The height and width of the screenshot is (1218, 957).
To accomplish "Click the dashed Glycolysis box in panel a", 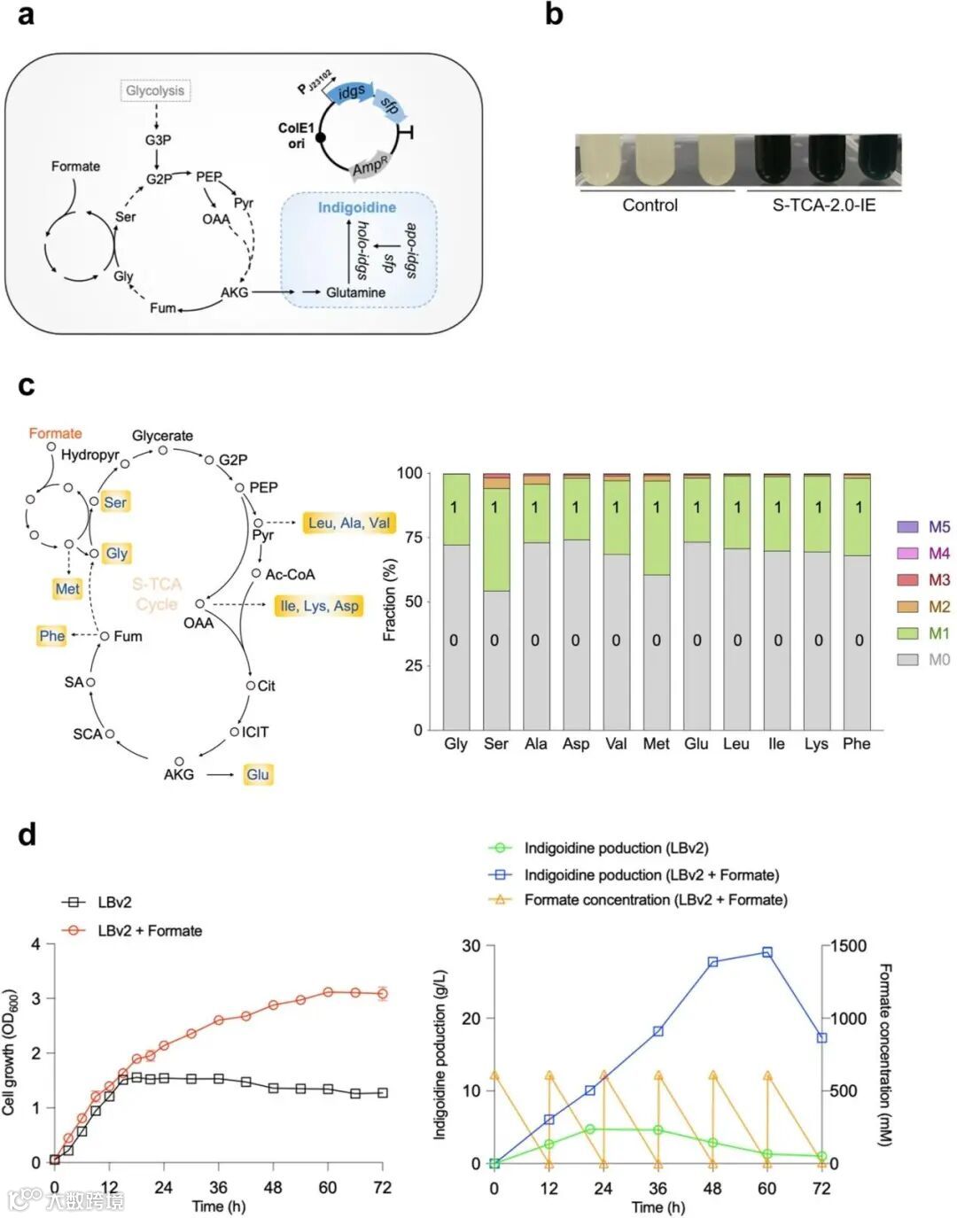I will [x=155, y=90].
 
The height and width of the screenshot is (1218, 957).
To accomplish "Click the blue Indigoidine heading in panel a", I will [x=357, y=207].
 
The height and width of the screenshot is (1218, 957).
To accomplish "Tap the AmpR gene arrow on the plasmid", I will [x=370, y=164].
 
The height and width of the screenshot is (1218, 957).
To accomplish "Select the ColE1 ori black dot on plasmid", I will [x=321, y=138].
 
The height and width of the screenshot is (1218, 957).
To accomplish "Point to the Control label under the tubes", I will [x=650, y=205].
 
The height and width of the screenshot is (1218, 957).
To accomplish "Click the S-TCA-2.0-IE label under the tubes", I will [x=823, y=205].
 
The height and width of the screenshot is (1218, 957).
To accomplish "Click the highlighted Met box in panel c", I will [x=67, y=588].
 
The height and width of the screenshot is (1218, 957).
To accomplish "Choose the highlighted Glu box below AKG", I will [x=258, y=774].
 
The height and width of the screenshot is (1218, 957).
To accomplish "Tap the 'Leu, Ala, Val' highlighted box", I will [x=348, y=523].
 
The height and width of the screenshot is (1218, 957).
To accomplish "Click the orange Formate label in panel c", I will [x=55, y=433].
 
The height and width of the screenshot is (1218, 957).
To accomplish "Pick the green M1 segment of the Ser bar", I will [x=496, y=539].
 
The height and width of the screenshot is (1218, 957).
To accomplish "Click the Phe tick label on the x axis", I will [x=856, y=744].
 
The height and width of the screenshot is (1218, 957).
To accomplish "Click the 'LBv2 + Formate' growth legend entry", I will [x=133, y=930].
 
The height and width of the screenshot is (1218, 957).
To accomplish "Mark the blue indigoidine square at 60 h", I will [x=767, y=952].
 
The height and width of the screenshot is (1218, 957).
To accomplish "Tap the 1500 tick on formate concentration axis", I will [x=848, y=946].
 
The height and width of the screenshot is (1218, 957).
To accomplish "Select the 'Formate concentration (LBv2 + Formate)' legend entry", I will [x=639, y=900].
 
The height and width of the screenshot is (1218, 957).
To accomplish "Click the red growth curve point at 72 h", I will [x=383, y=993].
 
